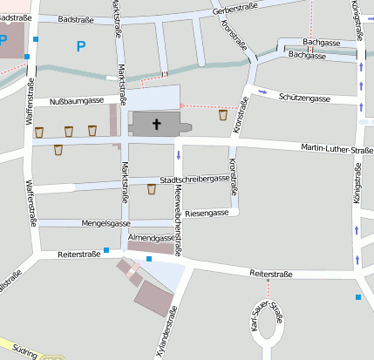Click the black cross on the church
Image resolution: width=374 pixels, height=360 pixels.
click(x=158, y=125)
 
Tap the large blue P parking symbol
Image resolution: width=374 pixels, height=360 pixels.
click(x=81, y=46)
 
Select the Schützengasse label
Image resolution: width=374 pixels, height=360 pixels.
click(x=303, y=99)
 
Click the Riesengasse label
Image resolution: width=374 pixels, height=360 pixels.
click(x=207, y=213)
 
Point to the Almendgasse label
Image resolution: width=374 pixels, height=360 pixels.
click(x=151, y=237)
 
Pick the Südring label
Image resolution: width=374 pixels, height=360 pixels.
click(x=24, y=353)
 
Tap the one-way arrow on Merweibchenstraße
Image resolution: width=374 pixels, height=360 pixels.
click(x=178, y=156)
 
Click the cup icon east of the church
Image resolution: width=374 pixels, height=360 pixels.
click(x=223, y=114)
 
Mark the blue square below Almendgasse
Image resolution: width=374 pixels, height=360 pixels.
click(x=149, y=259)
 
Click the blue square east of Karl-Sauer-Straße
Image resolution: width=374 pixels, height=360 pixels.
click(x=357, y=298)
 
